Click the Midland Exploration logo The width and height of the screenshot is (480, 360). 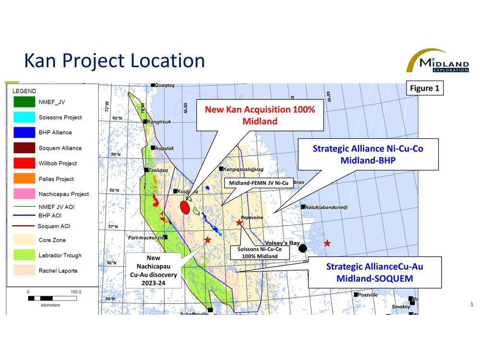pyautogui.click(x=437, y=60)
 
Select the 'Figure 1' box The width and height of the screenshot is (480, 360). pyautogui.click(x=425, y=88)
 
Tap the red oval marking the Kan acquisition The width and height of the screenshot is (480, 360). pyautogui.click(x=184, y=207)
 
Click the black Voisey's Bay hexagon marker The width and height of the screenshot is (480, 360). pyautogui.click(x=303, y=248)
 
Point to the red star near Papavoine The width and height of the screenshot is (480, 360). pyautogui.click(x=239, y=222)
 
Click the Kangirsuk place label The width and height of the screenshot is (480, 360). pyautogui.click(x=160, y=121)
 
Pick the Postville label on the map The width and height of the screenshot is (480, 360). pyautogui.click(x=369, y=295)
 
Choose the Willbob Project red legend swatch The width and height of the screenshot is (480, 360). pyautogui.click(x=23, y=163)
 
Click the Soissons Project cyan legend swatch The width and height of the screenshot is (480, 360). pyautogui.click(x=23, y=117)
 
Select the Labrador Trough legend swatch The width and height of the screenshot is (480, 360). pyautogui.click(x=23, y=255)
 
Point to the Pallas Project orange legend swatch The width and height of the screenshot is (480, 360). pyautogui.click(x=23, y=179)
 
